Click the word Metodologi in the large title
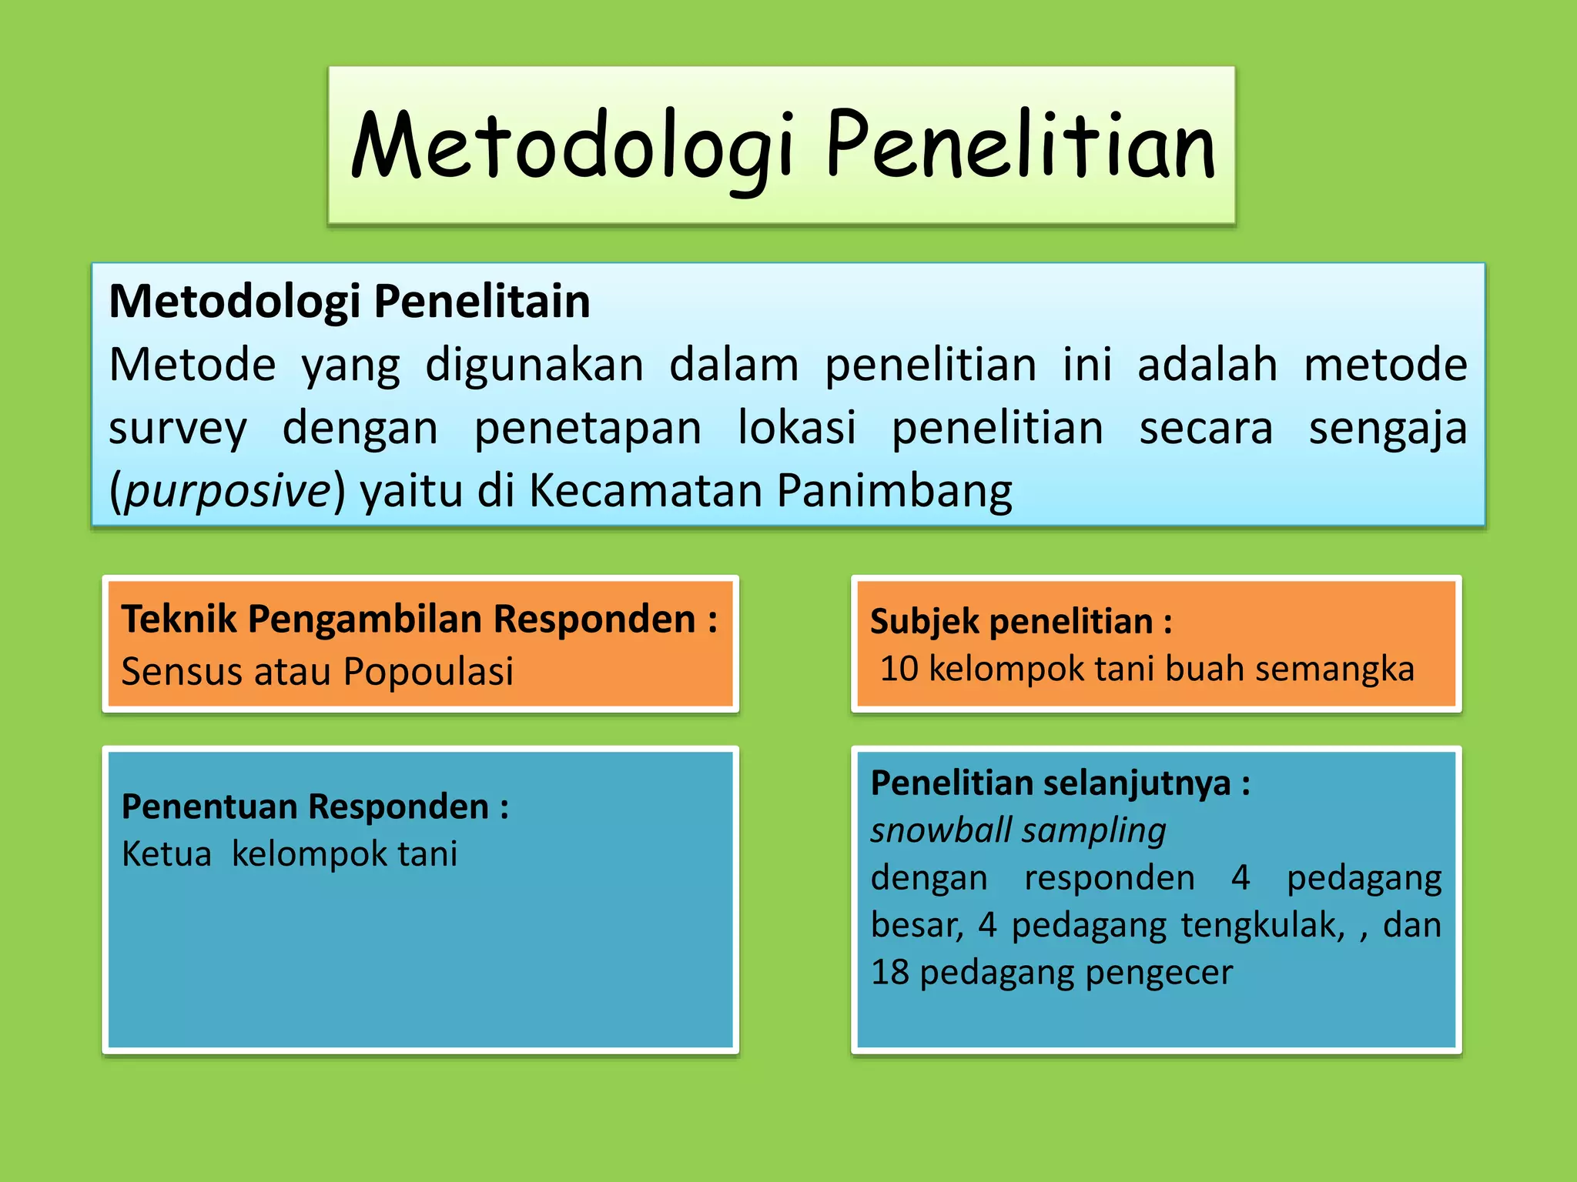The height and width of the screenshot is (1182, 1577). [x=571, y=146]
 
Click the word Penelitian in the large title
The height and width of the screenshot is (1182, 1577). [x=1020, y=146]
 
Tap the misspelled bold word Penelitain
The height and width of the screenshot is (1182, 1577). [x=482, y=301]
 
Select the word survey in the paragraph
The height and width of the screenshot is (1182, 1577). [x=178, y=429]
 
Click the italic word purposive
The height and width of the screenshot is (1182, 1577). [x=227, y=491]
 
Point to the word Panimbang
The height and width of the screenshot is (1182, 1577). [x=894, y=491]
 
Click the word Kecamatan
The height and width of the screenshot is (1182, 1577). [x=645, y=491]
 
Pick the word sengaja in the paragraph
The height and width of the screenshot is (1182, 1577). [x=1388, y=429]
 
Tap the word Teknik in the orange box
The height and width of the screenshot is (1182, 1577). [x=179, y=619]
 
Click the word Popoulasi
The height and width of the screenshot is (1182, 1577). [x=428, y=671]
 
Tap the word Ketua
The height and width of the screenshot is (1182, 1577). [x=166, y=854]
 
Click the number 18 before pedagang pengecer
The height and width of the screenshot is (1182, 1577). [x=889, y=973]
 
